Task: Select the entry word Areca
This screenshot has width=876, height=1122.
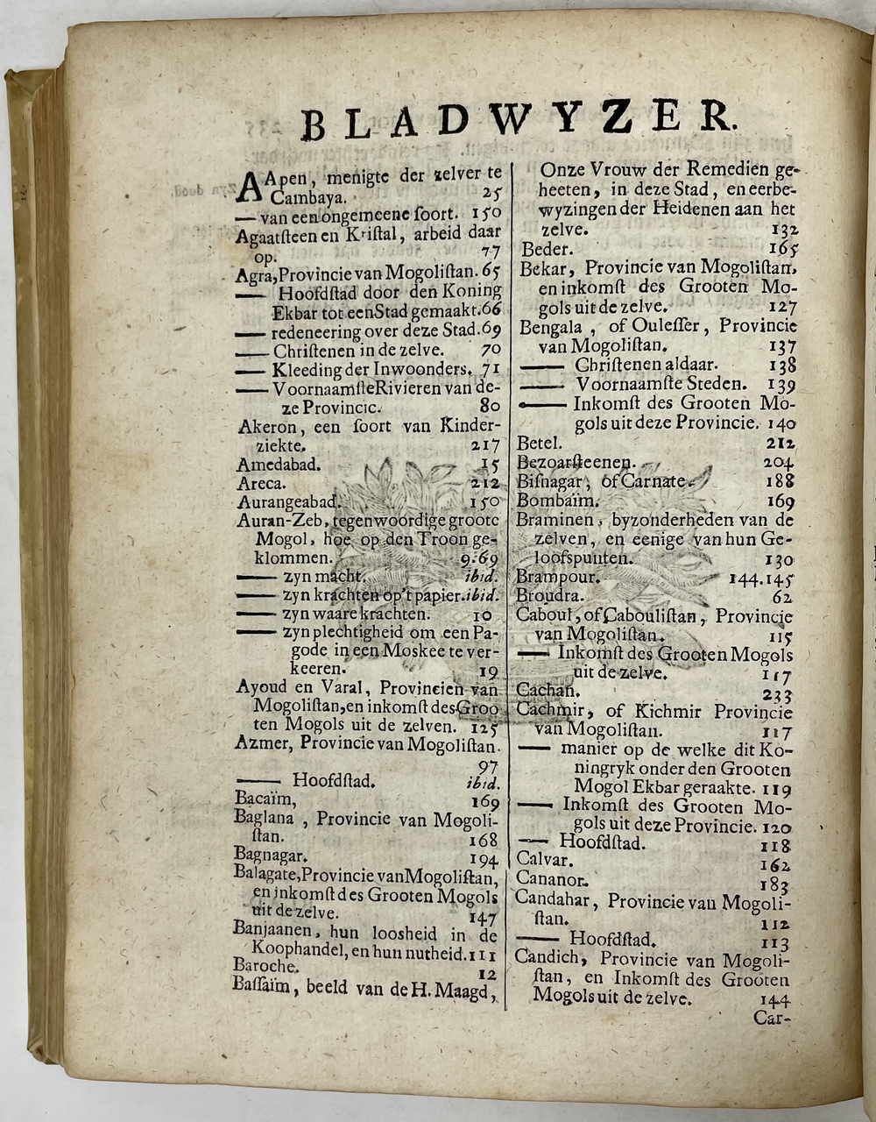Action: (260, 482)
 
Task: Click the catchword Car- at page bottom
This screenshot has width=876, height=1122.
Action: (772, 1019)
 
